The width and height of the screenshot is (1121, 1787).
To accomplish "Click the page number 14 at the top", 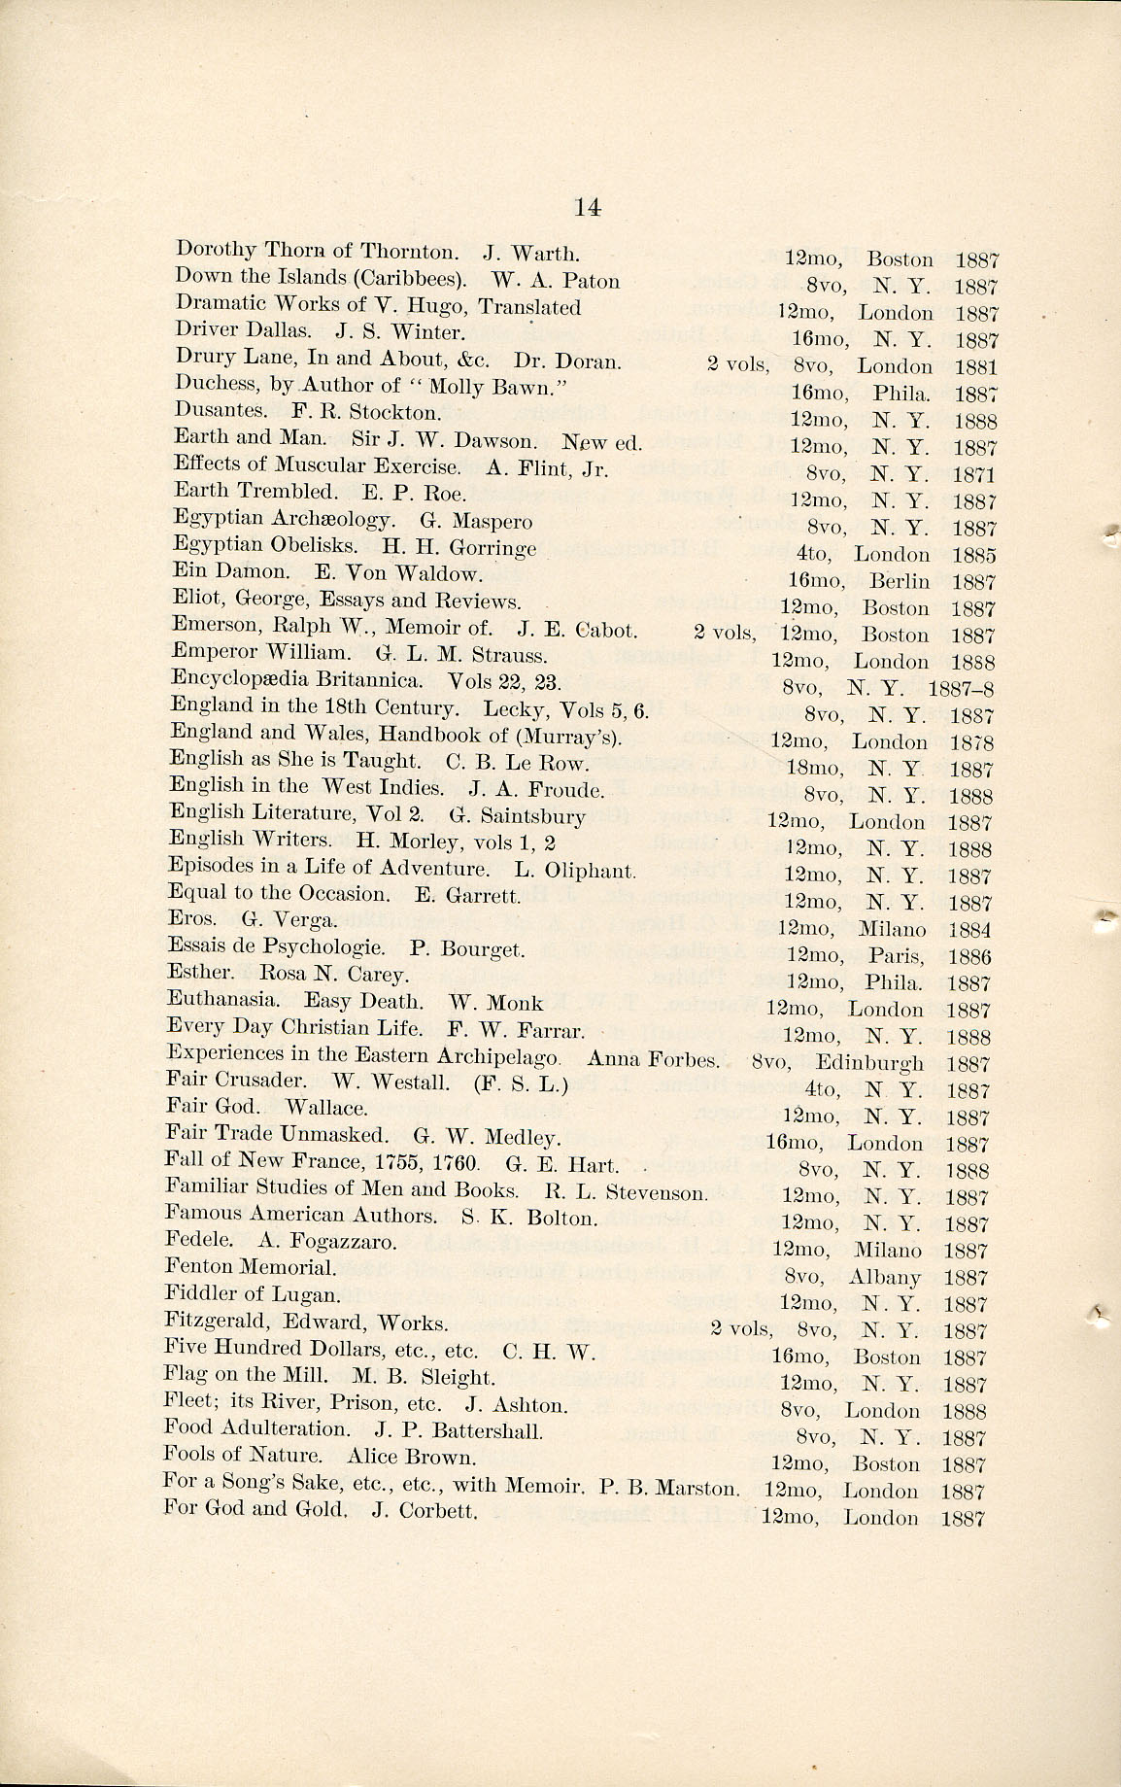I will [x=588, y=206].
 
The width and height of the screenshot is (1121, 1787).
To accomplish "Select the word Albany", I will [x=884, y=1278].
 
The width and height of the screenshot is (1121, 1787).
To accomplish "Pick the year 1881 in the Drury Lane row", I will [x=976, y=367].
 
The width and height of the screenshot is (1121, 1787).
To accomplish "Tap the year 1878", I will [x=971, y=742].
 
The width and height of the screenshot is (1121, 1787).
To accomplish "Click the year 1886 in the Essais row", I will [x=970, y=957].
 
